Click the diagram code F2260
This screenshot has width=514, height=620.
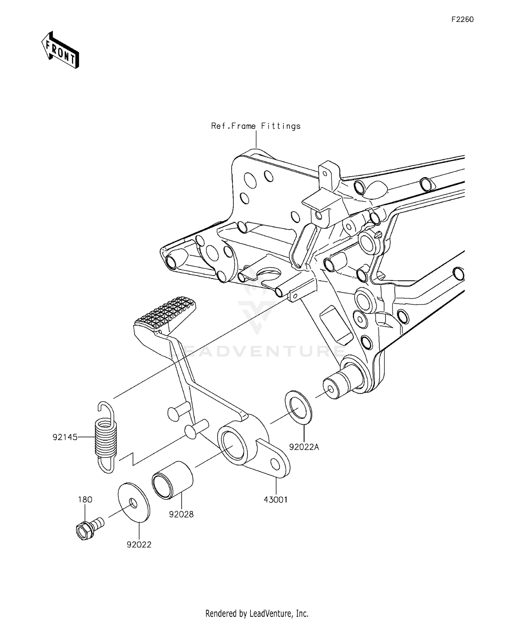click(462, 20)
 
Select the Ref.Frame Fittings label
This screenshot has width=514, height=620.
click(256, 126)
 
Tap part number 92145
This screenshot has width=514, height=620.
click(65, 437)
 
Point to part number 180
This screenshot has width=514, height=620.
click(85, 499)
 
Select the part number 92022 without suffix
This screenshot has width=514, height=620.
click(139, 545)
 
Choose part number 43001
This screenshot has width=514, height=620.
click(276, 500)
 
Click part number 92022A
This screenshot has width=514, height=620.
click(304, 447)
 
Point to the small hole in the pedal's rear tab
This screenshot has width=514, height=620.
click(275, 464)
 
